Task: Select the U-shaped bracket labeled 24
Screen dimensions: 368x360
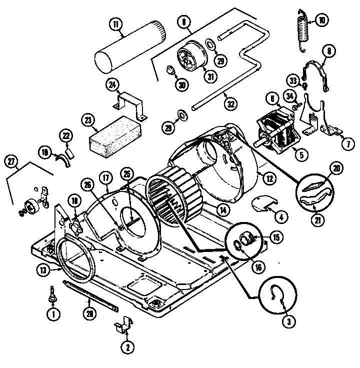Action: (129, 104)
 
